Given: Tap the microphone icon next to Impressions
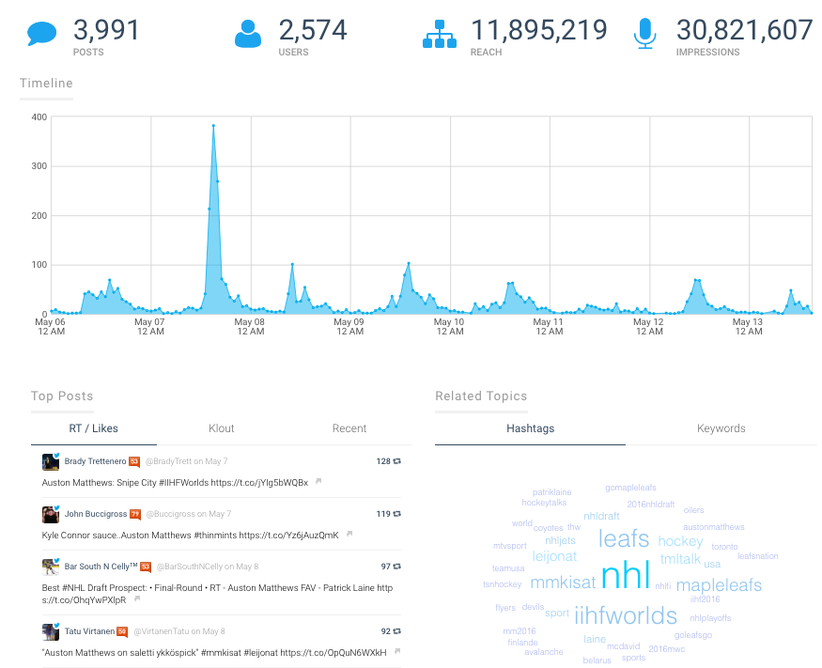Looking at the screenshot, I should (644, 34).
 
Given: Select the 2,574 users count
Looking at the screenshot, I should (313, 30).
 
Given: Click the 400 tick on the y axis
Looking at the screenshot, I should (39, 117).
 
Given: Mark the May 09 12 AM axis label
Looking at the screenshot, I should (349, 326).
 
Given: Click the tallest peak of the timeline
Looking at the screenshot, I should (213, 126).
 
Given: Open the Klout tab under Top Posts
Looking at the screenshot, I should (222, 428).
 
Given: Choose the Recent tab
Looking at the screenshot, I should (349, 428).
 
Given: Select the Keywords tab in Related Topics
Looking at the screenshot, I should (721, 428).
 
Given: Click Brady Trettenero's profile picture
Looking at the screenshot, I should (51, 461).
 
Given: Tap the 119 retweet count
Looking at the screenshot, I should (383, 514).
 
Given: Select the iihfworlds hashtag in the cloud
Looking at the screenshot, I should (625, 615).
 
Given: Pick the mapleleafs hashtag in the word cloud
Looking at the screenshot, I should (719, 585).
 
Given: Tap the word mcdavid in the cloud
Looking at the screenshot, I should (623, 646).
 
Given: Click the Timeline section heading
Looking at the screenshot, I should (46, 83).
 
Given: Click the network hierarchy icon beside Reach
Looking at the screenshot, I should (439, 34).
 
